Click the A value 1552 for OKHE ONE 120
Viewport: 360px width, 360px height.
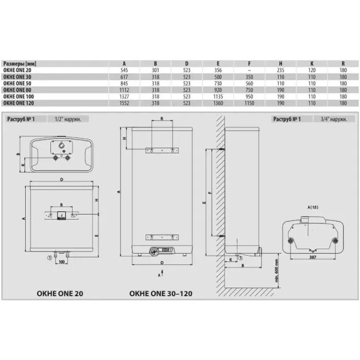click(x=124, y=103)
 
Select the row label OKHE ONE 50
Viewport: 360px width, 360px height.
click(x=17, y=83)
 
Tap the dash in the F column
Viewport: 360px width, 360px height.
click(x=249, y=70)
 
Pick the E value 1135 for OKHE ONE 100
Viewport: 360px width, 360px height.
click(x=218, y=97)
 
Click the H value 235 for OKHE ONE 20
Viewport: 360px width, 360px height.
click(x=281, y=70)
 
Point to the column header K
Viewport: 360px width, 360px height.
click(x=312, y=64)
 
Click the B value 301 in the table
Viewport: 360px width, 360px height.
click(x=155, y=70)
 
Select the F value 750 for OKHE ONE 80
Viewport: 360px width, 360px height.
click(x=249, y=90)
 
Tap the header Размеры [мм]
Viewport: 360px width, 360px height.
click(x=20, y=64)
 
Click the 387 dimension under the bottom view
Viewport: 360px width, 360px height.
click(x=313, y=257)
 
